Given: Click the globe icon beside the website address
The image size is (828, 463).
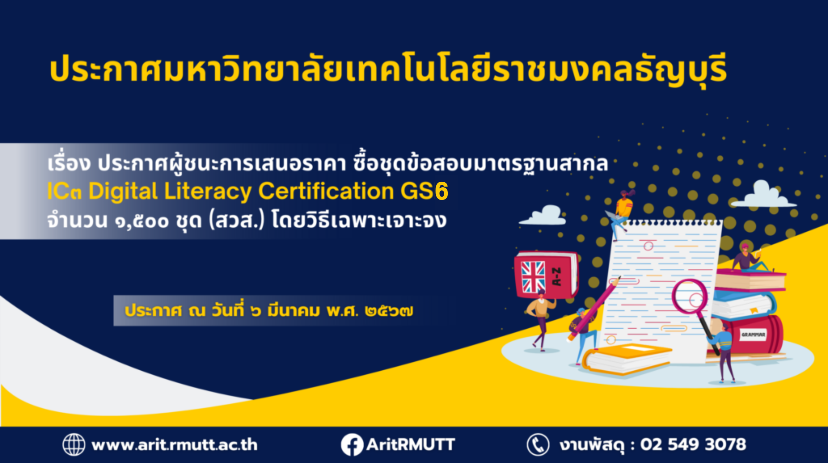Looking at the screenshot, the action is [x=74, y=444].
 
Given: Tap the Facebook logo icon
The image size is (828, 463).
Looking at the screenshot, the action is [x=352, y=444].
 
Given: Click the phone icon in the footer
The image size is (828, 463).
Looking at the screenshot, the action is [x=538, y=444].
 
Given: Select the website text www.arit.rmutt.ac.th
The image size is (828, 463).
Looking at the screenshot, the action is [x=175, y=444].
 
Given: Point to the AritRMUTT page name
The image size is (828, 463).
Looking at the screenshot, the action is [x=411, y=444].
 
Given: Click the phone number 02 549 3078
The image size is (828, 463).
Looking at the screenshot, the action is [x=693, y=444].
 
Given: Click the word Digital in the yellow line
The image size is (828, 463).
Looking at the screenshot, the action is [x=123, y=192].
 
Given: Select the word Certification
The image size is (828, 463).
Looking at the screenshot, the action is [x=326, y=191].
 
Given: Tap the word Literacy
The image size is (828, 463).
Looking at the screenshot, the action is [x=208, y=192].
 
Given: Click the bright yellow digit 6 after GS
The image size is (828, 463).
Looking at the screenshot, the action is [x=441, y=191].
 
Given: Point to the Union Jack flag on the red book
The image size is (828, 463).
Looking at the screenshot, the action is [x=533, y=277].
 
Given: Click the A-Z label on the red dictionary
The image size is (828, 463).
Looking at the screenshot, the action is [x=557, y=277].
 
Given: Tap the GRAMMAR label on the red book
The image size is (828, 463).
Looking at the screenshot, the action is [x=753, y=335].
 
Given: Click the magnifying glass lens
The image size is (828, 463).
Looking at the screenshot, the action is [x=690, y=297].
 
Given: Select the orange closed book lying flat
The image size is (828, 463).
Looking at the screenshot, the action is [x=627, y=359].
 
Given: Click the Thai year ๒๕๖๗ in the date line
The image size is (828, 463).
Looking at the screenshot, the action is [x=389, y=311].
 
